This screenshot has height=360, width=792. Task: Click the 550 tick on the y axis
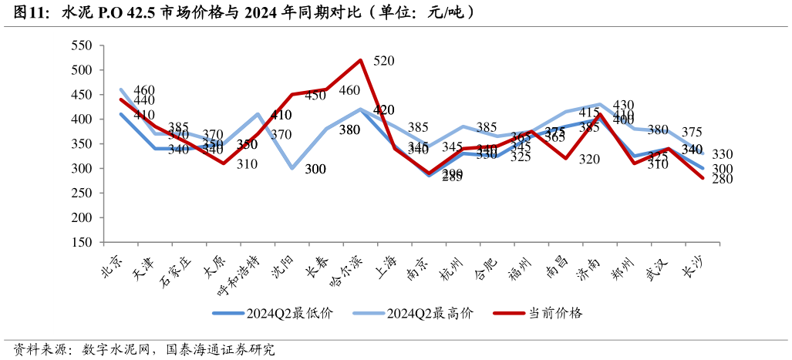coord(82,45)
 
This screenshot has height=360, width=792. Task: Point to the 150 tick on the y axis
coord(82,242)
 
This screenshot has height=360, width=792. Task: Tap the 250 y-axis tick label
coord(82,193)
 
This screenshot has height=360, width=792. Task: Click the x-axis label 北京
coord(113,260)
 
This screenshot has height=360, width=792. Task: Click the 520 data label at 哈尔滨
coord(386,60)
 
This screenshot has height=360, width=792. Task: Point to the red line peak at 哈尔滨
coord(359,60)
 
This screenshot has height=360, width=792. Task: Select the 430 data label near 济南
coord(622,105)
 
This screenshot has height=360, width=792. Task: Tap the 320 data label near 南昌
coord(589,159)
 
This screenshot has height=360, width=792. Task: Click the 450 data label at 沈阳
coord(315,96)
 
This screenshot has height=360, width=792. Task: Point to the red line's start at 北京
coord(121,99)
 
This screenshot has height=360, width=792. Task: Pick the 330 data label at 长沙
coord(723,154)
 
